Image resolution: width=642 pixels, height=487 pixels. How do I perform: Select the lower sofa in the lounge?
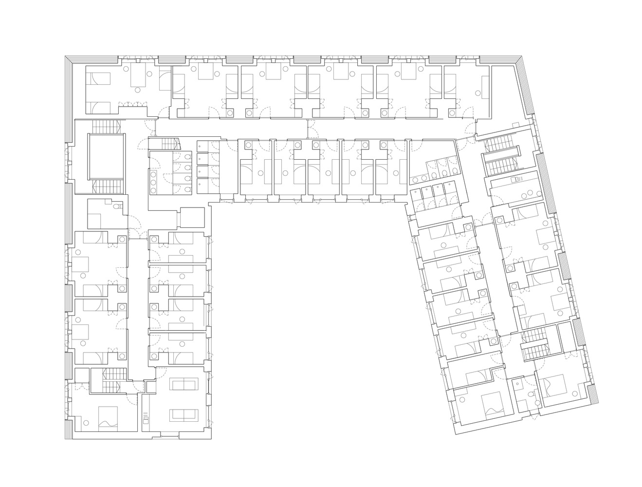point(183,415)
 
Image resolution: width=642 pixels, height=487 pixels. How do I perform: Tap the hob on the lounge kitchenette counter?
point(145,417)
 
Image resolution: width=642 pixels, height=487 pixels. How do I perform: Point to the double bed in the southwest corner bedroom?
point(108,418)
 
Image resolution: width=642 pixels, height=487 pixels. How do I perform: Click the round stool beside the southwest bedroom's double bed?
point(86,422)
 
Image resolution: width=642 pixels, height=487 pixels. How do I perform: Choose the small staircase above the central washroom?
point(167,144)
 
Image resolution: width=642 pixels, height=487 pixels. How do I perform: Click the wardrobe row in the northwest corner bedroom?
point(135,103)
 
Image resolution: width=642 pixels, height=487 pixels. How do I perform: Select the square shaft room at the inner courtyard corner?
point(192,218)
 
